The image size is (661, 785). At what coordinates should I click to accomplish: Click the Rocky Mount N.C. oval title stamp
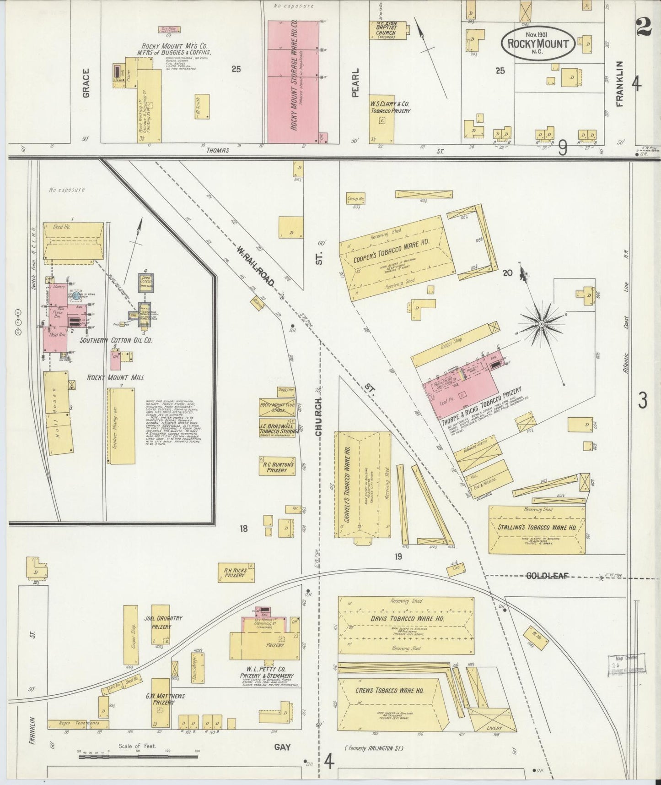tap(537, 44)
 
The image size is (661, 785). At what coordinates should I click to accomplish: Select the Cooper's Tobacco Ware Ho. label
tap(392, 252)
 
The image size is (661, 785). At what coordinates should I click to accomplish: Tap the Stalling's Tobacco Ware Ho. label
tap(537, 527)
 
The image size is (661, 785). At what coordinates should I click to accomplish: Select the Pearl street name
tap(356, 82)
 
